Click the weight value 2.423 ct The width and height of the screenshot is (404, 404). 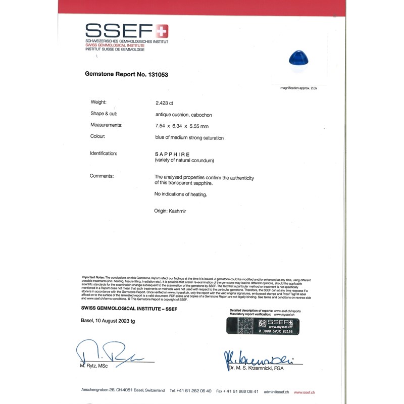click(x=164, y=103)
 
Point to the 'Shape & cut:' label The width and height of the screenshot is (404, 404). click(x=104, y=114)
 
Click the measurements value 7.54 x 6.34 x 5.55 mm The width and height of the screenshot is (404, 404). click(x=182, y=125)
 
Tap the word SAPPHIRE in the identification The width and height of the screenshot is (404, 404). click(x=172, y=154)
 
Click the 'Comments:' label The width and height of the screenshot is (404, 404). click(x=102, y=176)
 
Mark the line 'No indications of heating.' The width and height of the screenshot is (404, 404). click(x=180, y=194)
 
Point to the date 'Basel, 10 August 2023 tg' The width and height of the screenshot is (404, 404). click(x=108, y=321)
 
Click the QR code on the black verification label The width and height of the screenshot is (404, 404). click(x=262, y=323)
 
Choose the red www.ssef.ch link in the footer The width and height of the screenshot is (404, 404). click(x=305, y=391)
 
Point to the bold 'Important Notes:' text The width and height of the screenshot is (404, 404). click(x=93, y=277)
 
